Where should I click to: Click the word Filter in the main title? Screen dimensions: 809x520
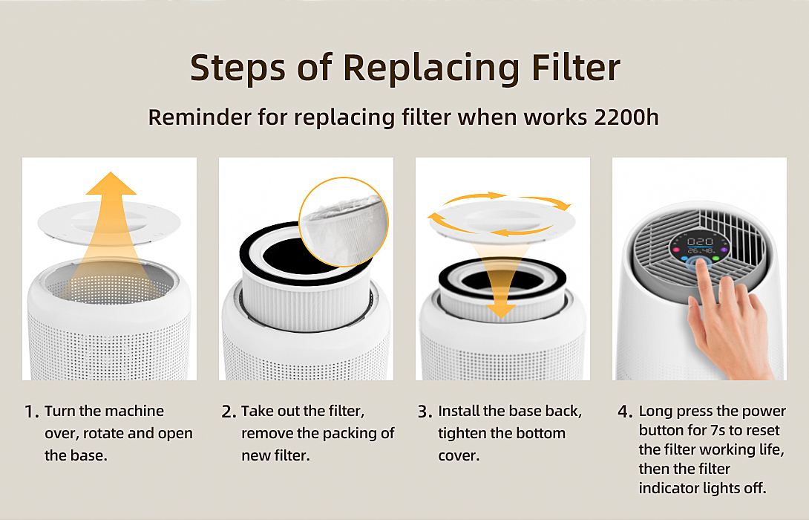[576, 68]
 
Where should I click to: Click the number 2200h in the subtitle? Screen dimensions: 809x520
[626, 117]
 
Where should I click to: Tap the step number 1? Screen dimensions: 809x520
[30, 412]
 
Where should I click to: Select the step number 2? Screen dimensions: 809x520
[228, 412]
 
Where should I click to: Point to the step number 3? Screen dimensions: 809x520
[424, 412]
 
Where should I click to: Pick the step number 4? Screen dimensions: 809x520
[624, 412]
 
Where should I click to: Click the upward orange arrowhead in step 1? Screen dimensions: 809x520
[111, 183]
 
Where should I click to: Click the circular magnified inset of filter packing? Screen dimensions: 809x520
[344, 222]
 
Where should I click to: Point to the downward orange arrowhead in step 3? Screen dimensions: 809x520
[500, 310]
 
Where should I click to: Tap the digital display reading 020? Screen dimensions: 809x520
[700, 241]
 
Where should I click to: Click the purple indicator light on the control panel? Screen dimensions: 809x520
[724, 250]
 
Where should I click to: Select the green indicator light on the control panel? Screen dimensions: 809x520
[716, 257]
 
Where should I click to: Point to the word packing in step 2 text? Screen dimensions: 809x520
[351, 434]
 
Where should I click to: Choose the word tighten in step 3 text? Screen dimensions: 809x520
[462, 434]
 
